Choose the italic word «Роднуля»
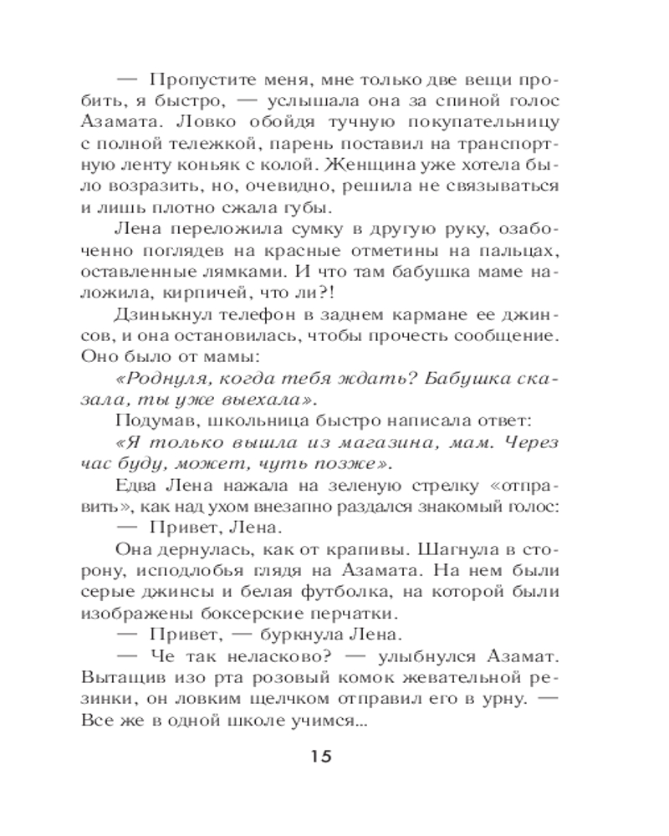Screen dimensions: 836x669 coord(162,378)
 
